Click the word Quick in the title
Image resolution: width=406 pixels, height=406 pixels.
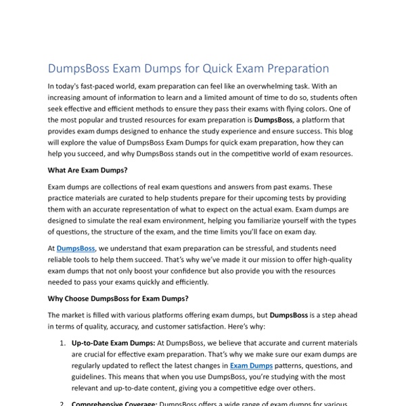[213, 69]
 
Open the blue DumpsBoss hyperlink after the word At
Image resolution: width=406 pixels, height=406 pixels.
[76, 249]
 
